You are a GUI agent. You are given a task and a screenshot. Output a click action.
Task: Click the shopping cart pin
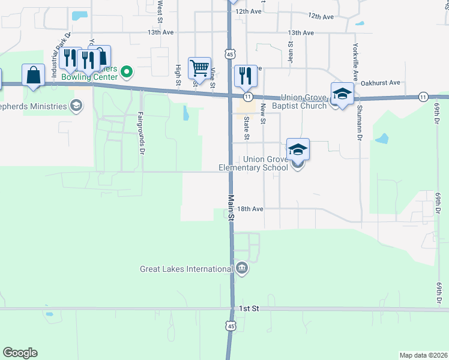(199, 68)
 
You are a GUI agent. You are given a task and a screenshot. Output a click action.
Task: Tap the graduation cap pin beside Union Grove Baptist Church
(342, 94)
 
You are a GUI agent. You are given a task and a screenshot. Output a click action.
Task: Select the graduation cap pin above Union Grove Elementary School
(298, 149)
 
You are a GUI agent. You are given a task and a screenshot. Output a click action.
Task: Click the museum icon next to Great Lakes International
(241, 268)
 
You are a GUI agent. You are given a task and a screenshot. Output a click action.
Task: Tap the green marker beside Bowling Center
(127, 73)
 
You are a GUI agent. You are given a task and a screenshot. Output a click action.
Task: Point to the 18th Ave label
(250, 209)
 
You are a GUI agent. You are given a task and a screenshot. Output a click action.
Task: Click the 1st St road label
(248, 308)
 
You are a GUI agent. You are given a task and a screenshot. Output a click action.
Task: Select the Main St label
(231, 206)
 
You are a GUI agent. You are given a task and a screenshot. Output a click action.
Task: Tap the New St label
(263, 114)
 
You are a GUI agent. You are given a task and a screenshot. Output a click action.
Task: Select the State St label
(247, 127)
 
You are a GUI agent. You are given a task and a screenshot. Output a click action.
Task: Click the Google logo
(20, 353)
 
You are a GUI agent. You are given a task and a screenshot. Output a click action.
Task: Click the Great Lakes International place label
(187, 269)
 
